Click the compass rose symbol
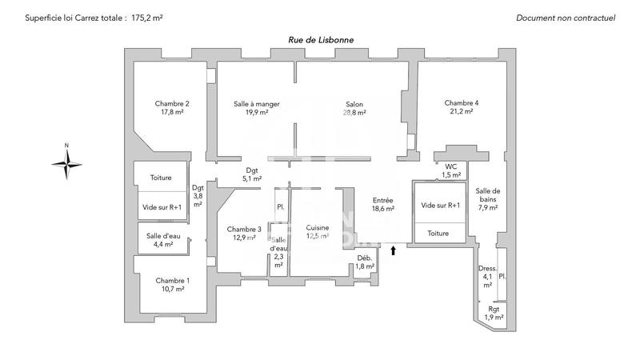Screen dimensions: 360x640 (x=67, y=163)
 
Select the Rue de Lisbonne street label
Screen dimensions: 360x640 (x=321, y=40)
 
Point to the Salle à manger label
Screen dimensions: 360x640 (x=257, y=108)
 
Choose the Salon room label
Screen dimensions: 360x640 (x=354, y=108)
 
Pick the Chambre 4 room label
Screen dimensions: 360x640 (x=462, y=107)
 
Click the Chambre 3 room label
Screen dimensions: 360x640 (x=243, y=233)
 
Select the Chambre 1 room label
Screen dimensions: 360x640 (x=173, y=284)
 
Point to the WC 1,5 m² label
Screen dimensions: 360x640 (x=452, y=170)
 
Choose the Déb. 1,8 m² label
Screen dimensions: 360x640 (x=365, y=262)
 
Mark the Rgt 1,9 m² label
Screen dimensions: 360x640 (x=494, y=313)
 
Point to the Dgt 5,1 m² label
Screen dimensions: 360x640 (x=252, y=174)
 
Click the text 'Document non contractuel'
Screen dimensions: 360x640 (x=565, y=17)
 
